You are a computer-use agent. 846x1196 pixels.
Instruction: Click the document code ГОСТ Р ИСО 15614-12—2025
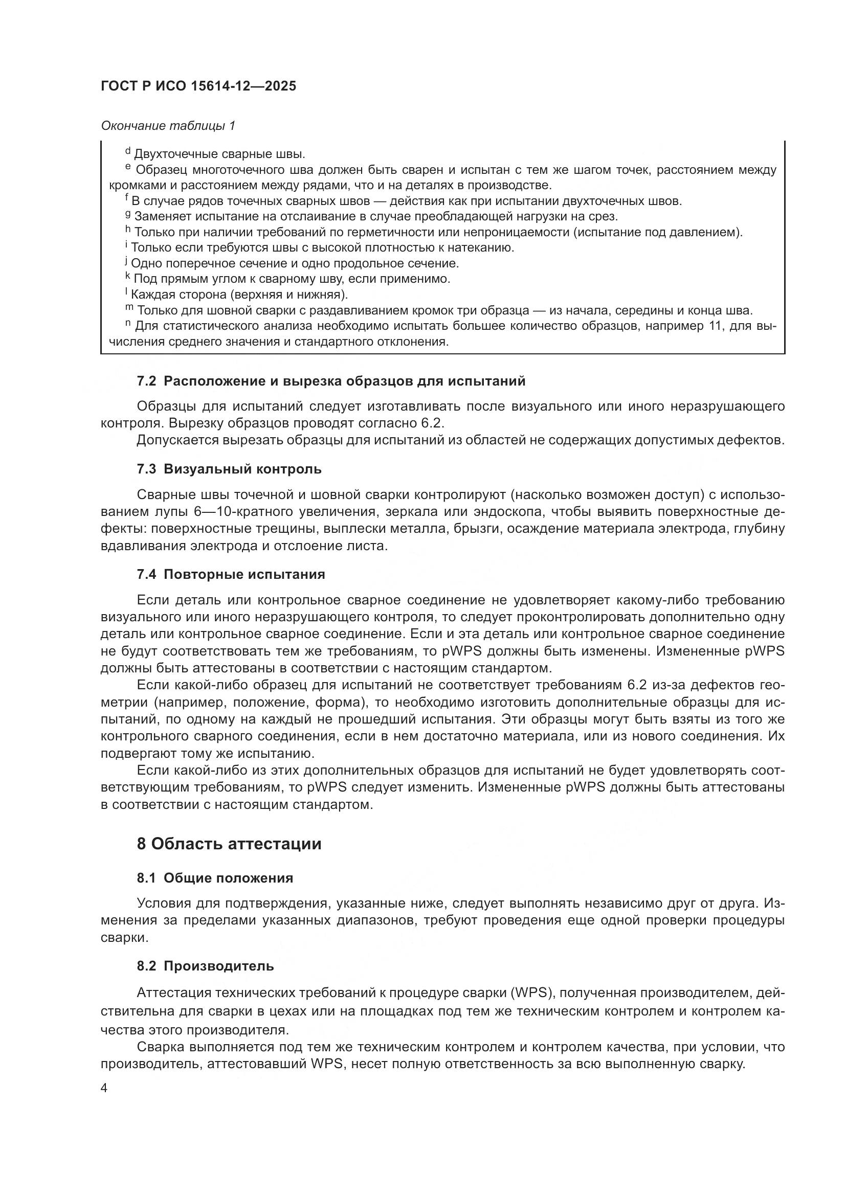tap(198, 86)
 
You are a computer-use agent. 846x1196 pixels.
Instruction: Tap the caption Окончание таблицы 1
tap(168, 126)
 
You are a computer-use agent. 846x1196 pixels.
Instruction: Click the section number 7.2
tap(146, 381)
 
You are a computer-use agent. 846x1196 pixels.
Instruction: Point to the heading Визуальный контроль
tap(243, 469)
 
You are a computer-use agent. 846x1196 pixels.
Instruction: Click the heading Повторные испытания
tap(244, 575)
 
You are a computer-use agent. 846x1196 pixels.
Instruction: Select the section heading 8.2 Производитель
tap(205, 966)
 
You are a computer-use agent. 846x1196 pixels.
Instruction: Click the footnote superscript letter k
tap(128, 276)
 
